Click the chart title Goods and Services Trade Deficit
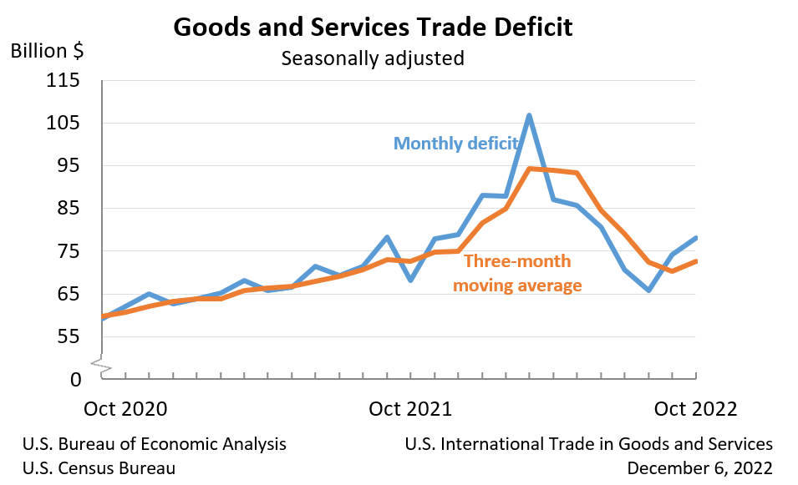pyautogui.click(x=373, y=27)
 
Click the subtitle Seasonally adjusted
pyautogui.click(x=372, y=59)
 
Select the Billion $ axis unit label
pyautogui.click(x=47, y=50)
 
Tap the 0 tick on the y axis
pyautogui.click(x=76, y=379)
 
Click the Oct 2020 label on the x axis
pyautogui.click(x=126, y=409)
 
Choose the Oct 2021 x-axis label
pyautogui.click(x=410, y=409)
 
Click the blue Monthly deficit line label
pyautogui.click(x=457, y=143)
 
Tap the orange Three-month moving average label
pyautogui.click(x=517, y=273)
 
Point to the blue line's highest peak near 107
pyautogui.click(x=529, y=116)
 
